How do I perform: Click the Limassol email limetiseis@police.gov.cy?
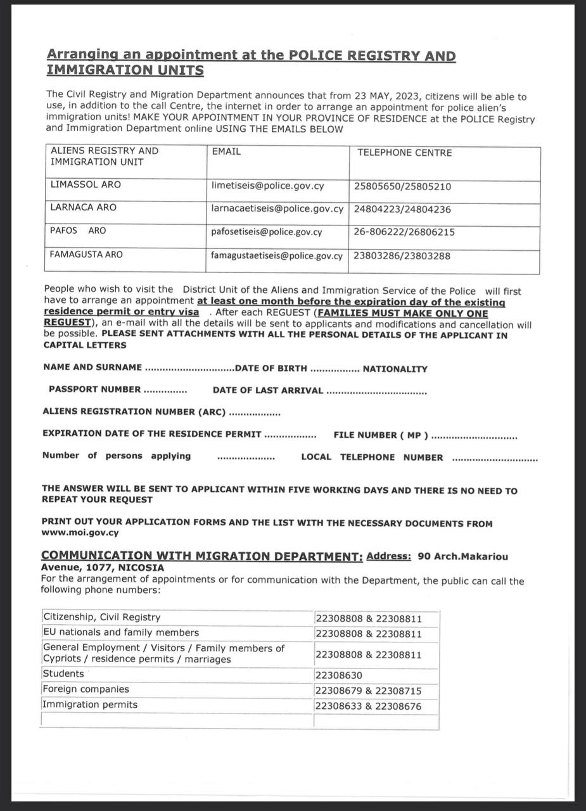click(x=267, y=186)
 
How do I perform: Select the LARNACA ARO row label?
click(x=83, y=207)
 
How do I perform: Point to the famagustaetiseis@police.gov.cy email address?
click(x=276, y=256)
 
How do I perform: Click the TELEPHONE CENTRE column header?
click(x=404, y=153)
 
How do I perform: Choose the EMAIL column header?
click(x=226, y=152)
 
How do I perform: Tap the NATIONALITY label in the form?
click(x=395, y=369)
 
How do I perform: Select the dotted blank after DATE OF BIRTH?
click(x=334, y=369)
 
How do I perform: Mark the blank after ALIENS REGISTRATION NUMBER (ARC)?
click(x=254, y=412)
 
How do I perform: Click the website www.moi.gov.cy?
click(x=80, y=533)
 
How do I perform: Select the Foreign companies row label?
click(x=86, y=689)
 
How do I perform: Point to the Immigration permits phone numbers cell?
click(x=367, y=706)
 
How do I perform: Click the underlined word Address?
click(x=388, y=556)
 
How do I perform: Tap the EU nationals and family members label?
click(x=120, y=632)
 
